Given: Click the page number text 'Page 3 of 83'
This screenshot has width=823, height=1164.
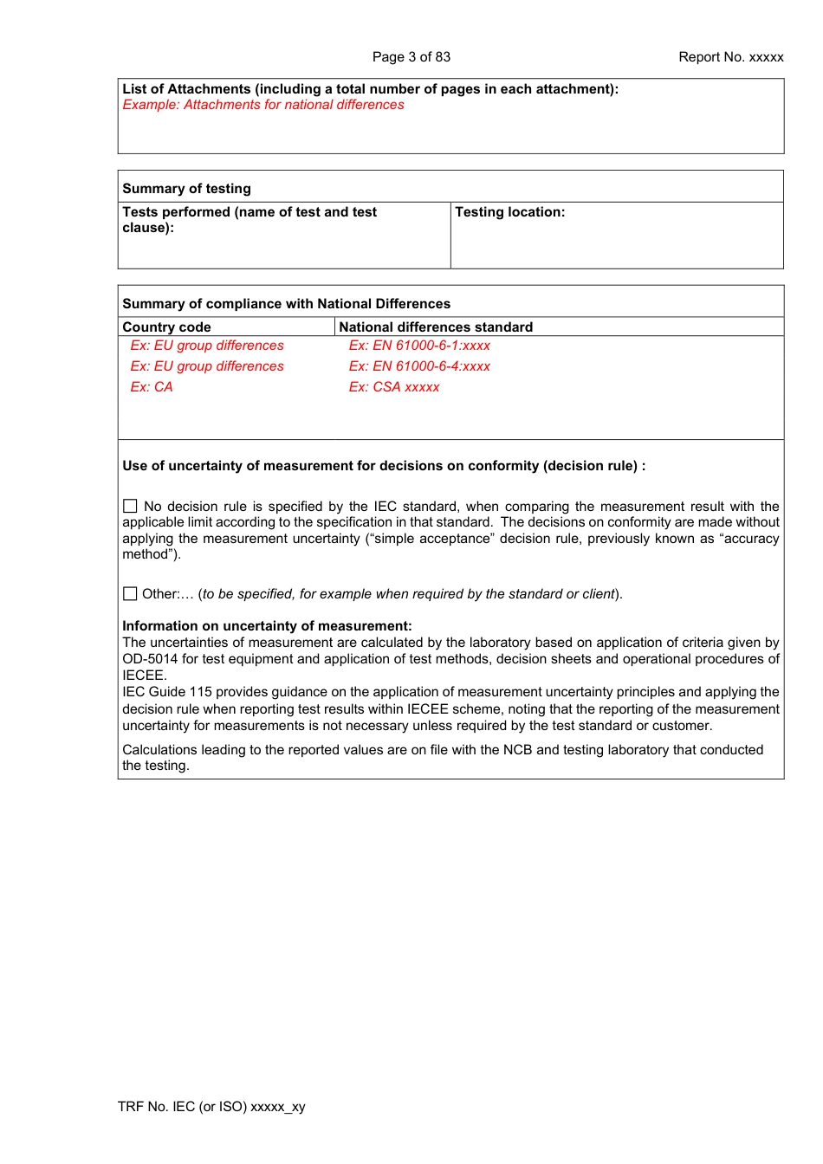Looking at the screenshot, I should (411, 57).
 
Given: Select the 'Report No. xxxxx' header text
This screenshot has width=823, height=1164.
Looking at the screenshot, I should (730, 57).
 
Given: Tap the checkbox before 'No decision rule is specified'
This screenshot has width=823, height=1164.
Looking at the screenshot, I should (130, 506).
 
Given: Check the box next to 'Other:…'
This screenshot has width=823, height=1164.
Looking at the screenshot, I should (130, 594).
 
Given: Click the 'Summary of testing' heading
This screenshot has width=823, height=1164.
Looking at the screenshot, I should (186, 189).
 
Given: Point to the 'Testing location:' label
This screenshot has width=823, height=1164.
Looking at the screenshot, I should (509, 212).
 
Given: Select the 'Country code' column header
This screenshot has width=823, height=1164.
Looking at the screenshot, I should (166, 327).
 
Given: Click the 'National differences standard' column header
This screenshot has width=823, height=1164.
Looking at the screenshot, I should (436, 327).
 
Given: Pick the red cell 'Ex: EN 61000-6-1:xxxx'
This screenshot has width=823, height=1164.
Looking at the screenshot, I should (419, 346).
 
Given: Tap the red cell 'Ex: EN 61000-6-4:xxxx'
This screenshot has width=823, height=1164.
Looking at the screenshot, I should (419, 366).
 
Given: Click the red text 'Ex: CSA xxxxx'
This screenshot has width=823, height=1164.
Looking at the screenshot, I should (394, 387).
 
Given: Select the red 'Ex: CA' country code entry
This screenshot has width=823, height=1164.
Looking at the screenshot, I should (152, 387).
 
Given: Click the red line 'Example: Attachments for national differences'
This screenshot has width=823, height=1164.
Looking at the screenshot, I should (263, 105).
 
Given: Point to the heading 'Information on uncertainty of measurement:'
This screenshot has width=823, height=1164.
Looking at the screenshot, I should (267, 626).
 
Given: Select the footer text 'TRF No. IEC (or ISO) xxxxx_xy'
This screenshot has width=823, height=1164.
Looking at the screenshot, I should (211, 1107).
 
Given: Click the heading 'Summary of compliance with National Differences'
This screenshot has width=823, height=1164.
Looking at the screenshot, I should (286, 304).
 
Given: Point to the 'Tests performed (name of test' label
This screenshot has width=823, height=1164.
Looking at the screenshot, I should (249, 212).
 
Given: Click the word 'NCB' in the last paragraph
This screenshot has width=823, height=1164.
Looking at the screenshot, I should (517, 750).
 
